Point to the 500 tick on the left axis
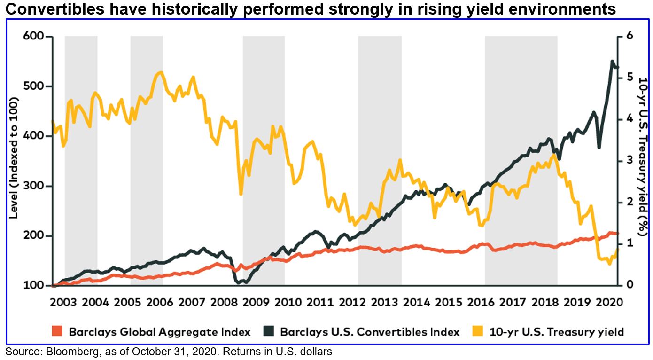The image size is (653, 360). point(32,86)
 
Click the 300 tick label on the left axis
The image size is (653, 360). point(32,186)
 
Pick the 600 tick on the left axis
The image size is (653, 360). point(32,37)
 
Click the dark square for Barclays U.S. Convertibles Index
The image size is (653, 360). point(267,331)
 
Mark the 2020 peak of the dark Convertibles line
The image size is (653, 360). point(612,61)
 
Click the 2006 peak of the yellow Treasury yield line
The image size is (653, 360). point(161,72)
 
